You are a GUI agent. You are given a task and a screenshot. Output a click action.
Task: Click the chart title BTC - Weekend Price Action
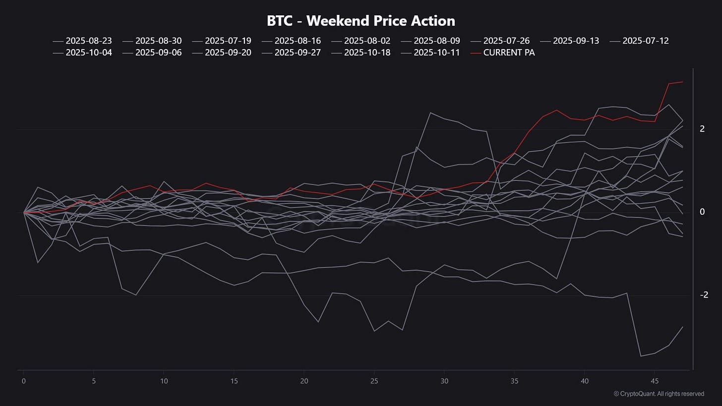361,21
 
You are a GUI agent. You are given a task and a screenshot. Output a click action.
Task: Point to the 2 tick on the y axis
702,129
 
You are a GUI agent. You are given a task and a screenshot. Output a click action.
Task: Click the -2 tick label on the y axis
704,295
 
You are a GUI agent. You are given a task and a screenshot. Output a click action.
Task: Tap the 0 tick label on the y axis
702,212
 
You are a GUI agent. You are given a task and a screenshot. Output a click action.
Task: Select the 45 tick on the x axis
654,381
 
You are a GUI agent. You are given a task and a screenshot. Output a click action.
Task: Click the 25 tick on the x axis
374,381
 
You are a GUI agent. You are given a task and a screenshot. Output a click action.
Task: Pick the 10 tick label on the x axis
164,381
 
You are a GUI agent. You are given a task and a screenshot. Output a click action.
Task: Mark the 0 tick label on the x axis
24,381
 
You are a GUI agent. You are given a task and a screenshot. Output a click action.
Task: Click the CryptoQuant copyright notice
659,394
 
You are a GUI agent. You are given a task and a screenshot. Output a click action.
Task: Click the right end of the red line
683,82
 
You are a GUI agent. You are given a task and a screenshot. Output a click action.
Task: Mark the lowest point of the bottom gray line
641,356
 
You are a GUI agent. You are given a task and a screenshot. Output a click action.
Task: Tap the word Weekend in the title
343,21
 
